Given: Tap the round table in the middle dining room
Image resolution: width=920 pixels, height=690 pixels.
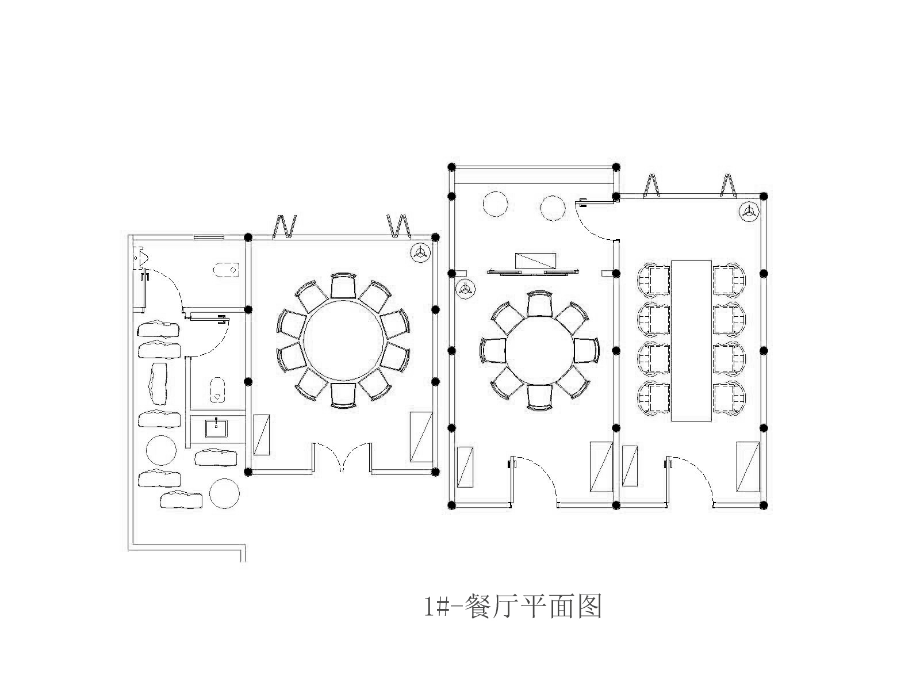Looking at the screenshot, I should coord(539,350).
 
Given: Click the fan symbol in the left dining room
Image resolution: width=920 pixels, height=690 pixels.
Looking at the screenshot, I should coord(421,252).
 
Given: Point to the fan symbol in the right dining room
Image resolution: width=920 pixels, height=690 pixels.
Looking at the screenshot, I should coord(748,211).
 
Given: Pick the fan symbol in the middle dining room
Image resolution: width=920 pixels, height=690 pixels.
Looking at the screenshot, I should coord(465,289).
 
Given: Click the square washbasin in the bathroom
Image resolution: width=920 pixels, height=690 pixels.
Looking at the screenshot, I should coord(217,428).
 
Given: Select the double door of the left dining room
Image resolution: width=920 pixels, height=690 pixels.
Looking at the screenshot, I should coord(342,457).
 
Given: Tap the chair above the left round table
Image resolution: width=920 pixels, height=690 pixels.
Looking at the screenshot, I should coord(343,286).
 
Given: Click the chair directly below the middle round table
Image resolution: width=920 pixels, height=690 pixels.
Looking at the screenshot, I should coord(539,397).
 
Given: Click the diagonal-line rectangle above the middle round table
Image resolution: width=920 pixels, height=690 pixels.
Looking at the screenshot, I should coord(535,260).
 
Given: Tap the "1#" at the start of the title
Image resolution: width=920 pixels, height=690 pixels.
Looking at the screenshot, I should coord(436,607).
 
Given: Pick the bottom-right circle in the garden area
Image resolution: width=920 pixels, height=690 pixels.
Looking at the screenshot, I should coord(224,493).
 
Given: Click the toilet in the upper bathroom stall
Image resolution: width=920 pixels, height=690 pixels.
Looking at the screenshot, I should coord(226,269).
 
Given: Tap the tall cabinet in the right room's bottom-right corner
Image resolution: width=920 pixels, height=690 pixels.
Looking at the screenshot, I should coord(747,466).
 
